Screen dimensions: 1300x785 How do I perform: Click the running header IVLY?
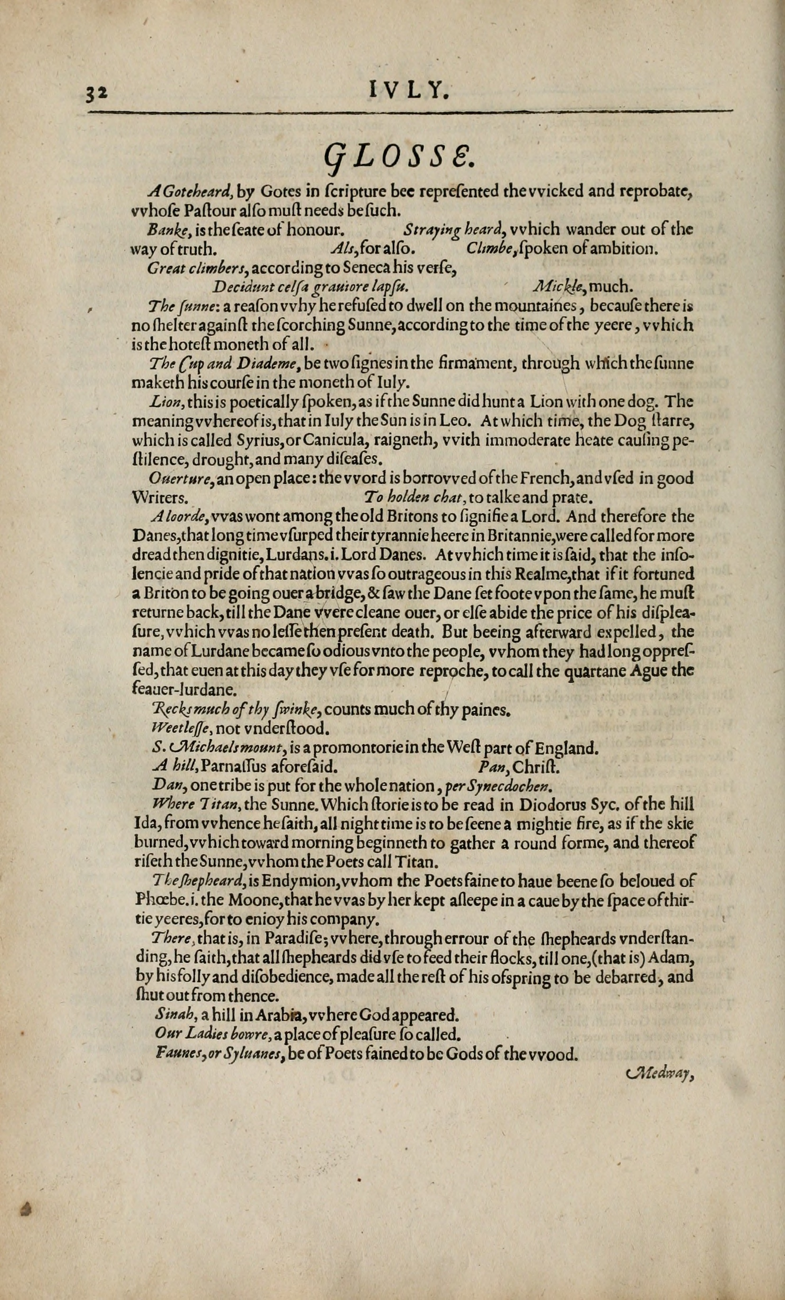pyautogui.click(x=409, y=92)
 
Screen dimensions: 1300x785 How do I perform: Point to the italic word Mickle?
pyautogui.click(x=559, y=287)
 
